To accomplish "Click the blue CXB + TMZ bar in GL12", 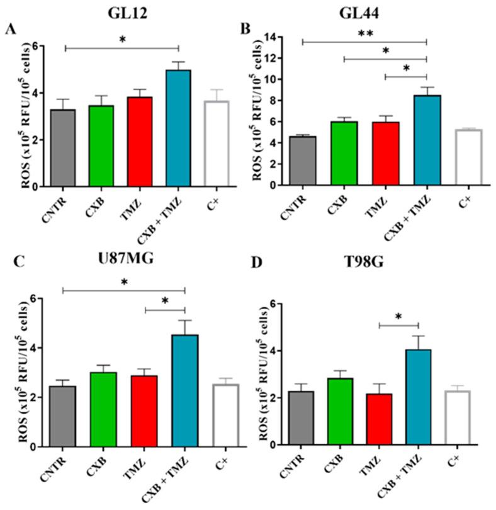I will [178, 128].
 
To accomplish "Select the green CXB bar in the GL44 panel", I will [344, 154].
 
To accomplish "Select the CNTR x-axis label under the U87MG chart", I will [59, 467].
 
